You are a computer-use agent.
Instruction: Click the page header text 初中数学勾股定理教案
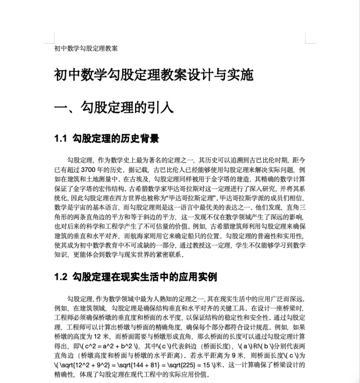tap(86, 48)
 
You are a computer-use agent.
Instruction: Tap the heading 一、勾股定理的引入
tap(114, 108)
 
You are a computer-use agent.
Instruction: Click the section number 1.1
tap(60, 138)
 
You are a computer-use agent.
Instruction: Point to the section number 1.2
tap(60, 277)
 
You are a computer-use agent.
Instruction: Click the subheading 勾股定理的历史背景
tap(115, 138)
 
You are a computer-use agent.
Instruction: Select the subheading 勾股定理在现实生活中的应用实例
tap(144, 277)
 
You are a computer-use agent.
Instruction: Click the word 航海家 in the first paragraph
tap(147, 236)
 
